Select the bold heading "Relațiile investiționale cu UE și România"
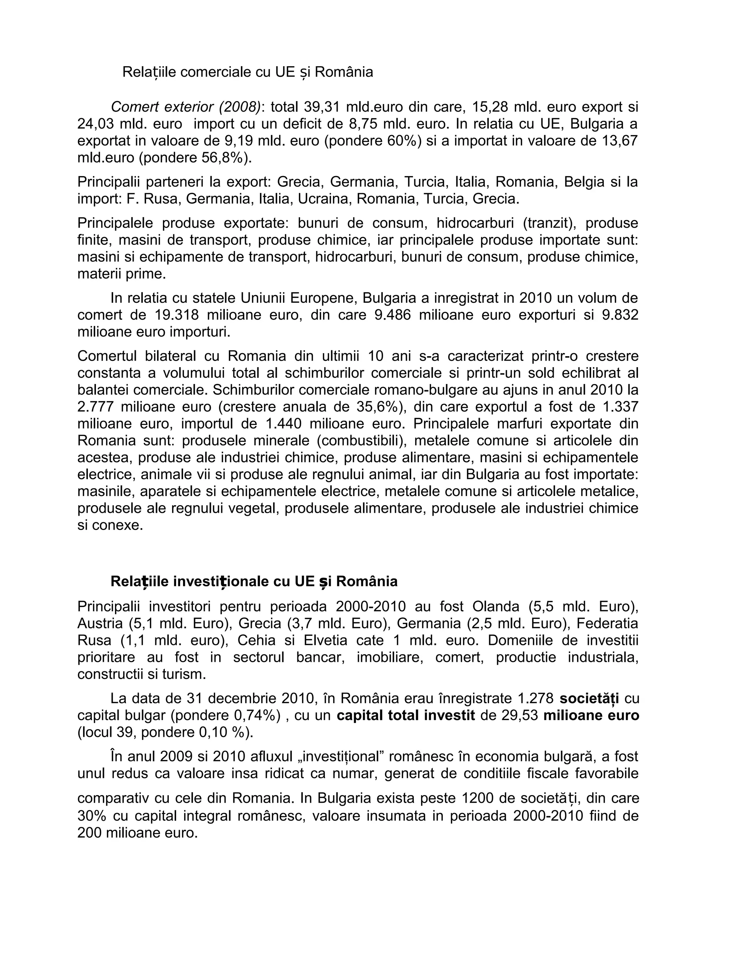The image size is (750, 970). (254, 581)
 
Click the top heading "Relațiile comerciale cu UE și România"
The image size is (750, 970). (248, 72)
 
